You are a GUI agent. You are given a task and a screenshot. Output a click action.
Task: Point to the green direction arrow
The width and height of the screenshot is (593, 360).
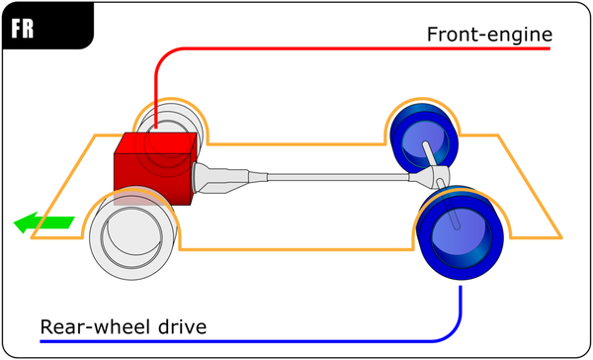pos(43,224)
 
